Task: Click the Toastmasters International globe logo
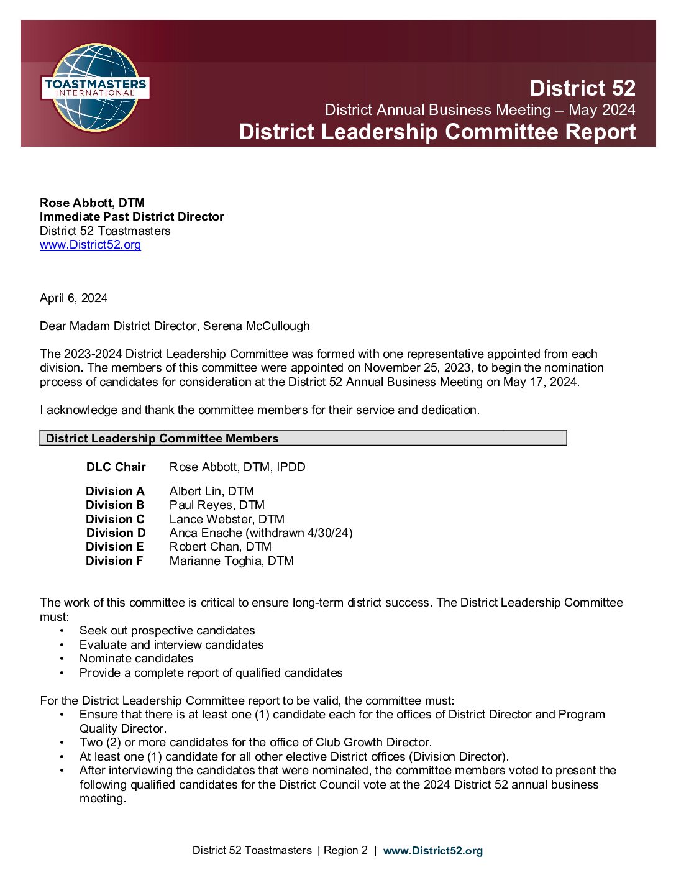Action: [x=96, y=87]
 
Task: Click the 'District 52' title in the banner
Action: [x=582, y=88]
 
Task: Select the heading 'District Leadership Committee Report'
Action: [x=437, y=132]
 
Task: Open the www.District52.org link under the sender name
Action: [x=90, y=244]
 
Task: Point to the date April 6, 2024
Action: [x=73, y=298]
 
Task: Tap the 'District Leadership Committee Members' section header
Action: [x=162, y=438]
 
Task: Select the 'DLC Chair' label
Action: [x=116, y=467]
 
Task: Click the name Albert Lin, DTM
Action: [x=211, y=491]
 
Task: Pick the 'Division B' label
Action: [x=115, y=505]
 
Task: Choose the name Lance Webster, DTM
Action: [x=227, y=519]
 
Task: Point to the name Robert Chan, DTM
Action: [x=220, y=546]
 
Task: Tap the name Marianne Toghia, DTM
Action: [x=231, y=561]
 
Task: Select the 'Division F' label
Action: [x=114, y=561]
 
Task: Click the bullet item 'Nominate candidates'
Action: [x=136, y=658]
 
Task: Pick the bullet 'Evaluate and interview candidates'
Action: [x=171, y=644]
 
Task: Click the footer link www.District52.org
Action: [x=432, y=851]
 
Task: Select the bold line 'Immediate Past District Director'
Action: [x=132, y=216]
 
